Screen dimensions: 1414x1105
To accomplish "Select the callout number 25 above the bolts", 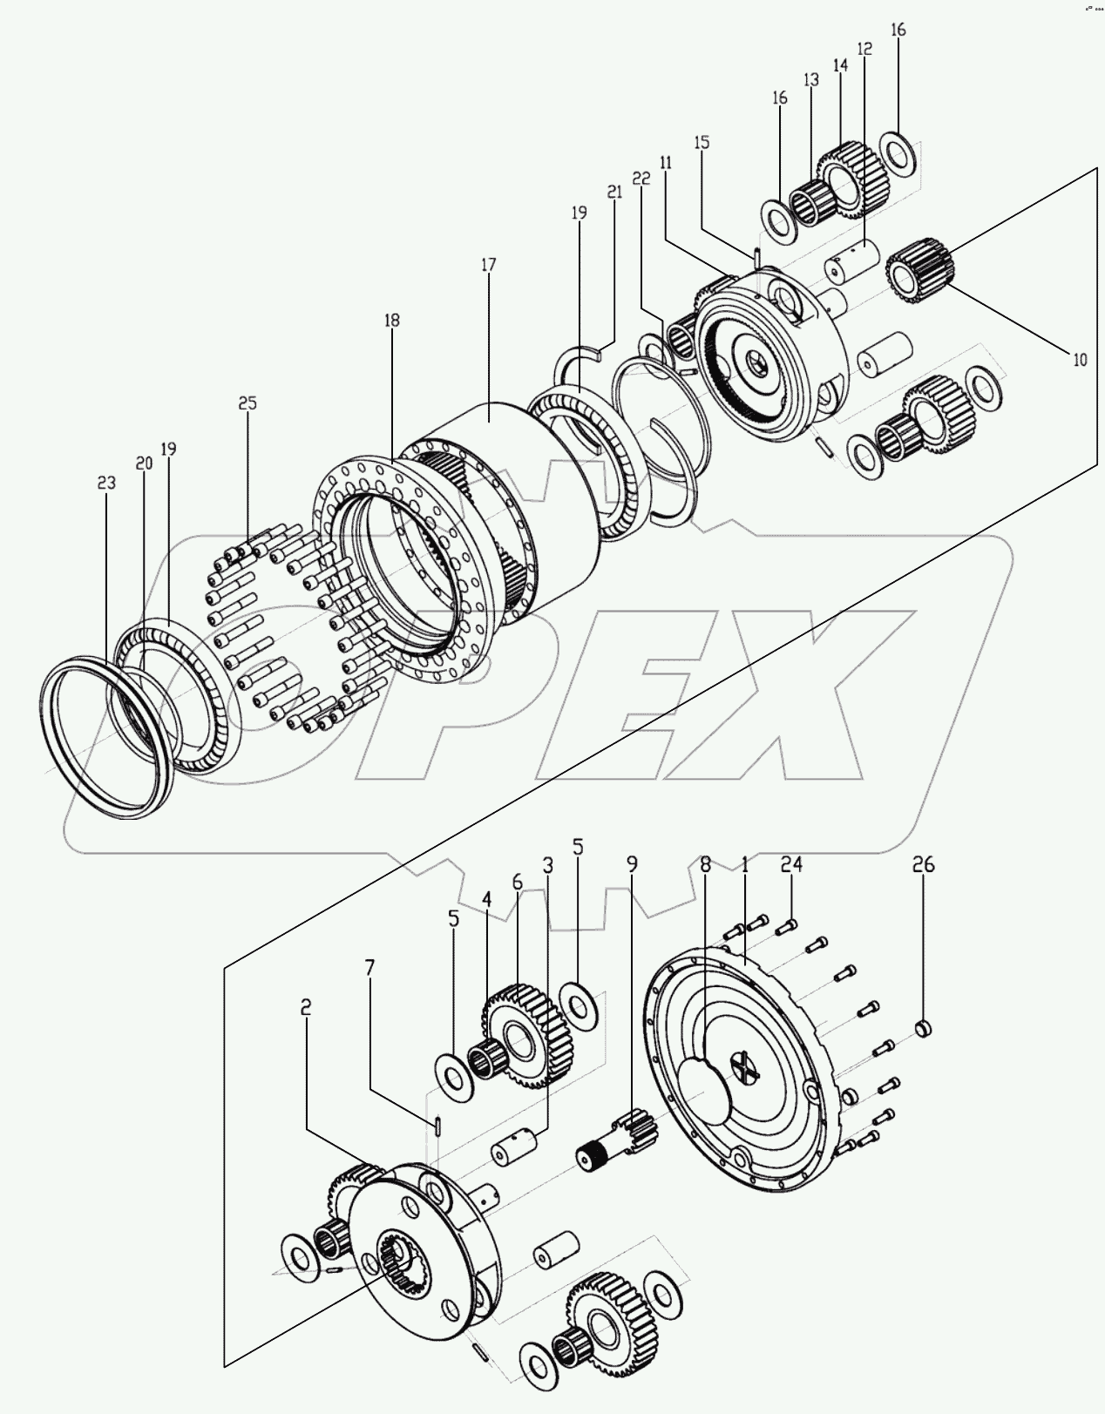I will tap(247, 403).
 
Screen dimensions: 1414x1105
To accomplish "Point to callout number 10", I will tap(1079, 359).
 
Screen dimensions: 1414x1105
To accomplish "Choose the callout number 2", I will tap(306, 1007).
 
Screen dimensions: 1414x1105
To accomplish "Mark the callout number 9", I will tap(632, 864).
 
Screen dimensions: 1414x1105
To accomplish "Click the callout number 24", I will tap(791, 864).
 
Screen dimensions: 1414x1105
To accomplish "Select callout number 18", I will tap(391, 321).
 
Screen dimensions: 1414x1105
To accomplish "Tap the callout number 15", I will tap(702, 142).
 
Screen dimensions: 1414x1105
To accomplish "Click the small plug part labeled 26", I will tap(925, 1031).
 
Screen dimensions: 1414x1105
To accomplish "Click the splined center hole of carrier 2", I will tap(401, 1256).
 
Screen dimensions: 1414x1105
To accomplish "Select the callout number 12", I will tap(864, 49).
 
